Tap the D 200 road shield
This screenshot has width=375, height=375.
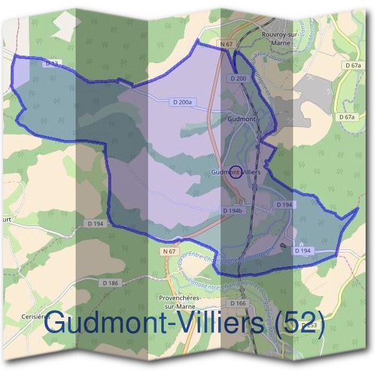point(238,78)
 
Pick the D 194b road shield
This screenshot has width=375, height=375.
point(232,211)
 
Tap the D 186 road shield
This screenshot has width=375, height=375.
point(110,283)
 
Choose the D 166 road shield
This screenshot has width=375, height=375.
point(238,303)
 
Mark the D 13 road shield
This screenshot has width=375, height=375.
point(51,64)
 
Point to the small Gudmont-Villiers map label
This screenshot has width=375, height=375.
point(236,171)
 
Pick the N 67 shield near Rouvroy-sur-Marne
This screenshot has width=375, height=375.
point(226,44)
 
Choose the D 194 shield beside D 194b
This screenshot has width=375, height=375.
point(284,205)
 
